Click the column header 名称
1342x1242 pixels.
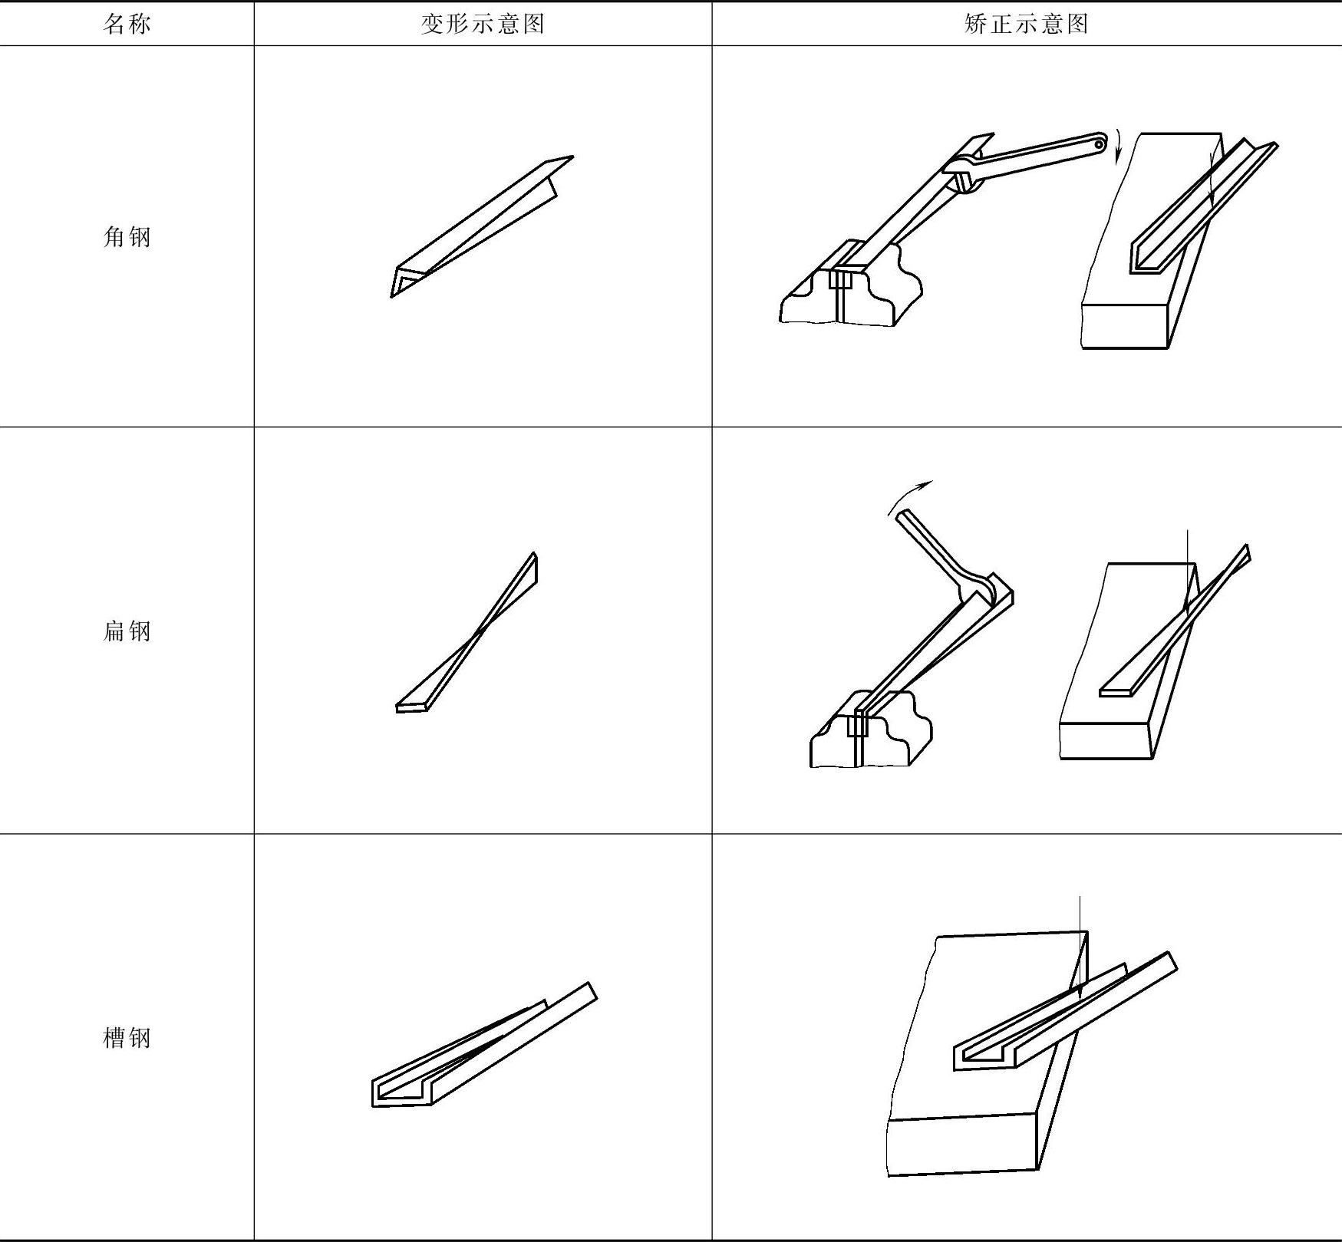[x=127, y=25]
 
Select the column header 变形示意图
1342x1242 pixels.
[x=483, y=25]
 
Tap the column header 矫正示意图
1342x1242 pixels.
[x=1026, y=25]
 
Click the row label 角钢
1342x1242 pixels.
[x=127, y=237]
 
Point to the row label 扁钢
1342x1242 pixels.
[x=127, y=631]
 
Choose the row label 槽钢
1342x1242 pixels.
[x=127, y=1038]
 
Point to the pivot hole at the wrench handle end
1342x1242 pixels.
[x=1099, y=144]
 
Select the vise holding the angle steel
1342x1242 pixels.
[x=848, y=292]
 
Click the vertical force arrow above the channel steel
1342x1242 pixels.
[x=1080, y=951]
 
